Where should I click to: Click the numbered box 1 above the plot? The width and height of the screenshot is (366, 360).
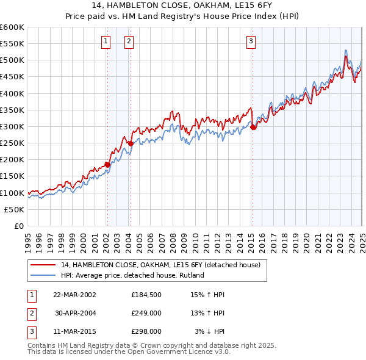pyautogui.click(x=106, y=41)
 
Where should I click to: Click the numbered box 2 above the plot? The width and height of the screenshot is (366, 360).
pyautogui.click(x=130, y=41)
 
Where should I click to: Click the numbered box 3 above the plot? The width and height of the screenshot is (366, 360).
pyautogui.click(x=251, y=41)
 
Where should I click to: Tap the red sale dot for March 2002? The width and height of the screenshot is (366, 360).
pyautogui.click(x=107, y=164)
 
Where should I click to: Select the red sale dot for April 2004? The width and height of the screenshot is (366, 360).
pyautogui.click(x=131, y=143)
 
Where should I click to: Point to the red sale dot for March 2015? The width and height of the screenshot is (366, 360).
pyautogui.click(x=253, y=127)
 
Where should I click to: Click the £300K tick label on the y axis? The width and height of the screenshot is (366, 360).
pyautogui.click(x=12, y=126)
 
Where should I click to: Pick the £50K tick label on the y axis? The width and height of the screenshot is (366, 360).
pyautogui.click(x=15, y=209)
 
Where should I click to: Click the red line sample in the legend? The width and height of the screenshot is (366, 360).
pyautogui.click(x=44, y=265)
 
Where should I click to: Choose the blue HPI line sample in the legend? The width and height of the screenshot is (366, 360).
pyautogui.click(x=44, y=275)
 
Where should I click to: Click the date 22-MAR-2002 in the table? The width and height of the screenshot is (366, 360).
pyautogui.click(x=74, y=295)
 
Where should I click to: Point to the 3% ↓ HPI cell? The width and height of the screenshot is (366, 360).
pyautogui.click(x=209, y=332)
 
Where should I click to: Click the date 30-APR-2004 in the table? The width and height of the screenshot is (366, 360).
pyautogui.click(x=74, y=313)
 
